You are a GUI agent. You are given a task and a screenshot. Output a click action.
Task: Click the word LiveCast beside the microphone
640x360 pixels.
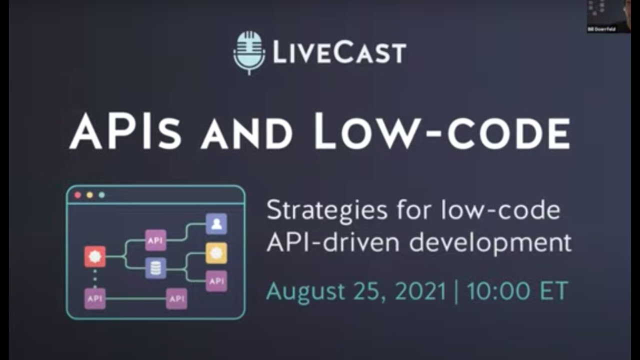pyautogui.click(x=339, y=53)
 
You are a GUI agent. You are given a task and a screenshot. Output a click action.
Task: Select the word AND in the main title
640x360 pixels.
pyautogui.click(x=247, y=134)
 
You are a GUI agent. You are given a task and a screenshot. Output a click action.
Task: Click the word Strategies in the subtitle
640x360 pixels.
pyautogui.click(x=326, y=210)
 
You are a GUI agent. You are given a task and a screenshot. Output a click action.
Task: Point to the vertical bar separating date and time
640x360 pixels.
pyautogui.click(x=456, y=291)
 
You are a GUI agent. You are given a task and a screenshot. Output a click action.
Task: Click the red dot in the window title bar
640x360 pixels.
pyautogui.click(x=77, y=194)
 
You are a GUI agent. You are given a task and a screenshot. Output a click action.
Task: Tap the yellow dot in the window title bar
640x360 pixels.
pyautogui.click(x=89, y=194)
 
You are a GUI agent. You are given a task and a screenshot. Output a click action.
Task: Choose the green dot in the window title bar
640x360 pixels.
pyautogui.click(x=101, y=194)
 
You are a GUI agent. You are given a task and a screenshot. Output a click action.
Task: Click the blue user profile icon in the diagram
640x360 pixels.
pyautogui.click(x=216, y=224)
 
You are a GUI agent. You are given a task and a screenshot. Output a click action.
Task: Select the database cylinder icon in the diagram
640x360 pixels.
pyautogui.click(x=155, y=268)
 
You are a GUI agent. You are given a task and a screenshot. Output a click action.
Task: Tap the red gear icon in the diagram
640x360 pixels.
pyautogui.click(x=94, y=257)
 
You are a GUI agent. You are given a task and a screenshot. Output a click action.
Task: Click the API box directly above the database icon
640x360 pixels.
pyautogui.click(x=155, y=240)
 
